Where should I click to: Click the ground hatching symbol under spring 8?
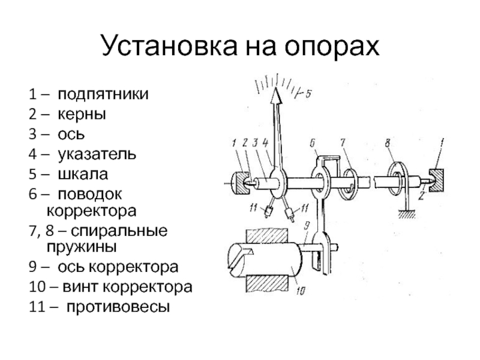pos(408,210)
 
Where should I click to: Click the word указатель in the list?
pos(96,154)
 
